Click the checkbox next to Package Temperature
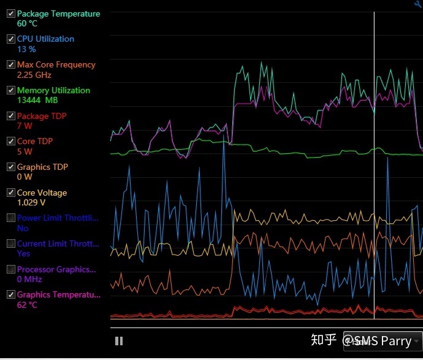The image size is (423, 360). click(x=10, y=13)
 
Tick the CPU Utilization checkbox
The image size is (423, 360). click(x=10, y=39)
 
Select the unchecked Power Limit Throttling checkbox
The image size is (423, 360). click(x=10, y=218)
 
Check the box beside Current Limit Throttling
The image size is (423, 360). click(x=10, y=243)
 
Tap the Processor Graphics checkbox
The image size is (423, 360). click(x=10, y=269)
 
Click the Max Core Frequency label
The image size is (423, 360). click(x=56, y=64)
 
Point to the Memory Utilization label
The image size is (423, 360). click(x=53, y=90)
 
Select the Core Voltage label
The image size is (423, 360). click(x=42, y=193)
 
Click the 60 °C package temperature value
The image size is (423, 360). click(x=27, y=24)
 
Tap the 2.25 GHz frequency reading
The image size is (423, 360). click(x=34, y=75)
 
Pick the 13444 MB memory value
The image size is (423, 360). click(x=37, y=101)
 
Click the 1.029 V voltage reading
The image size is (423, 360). click(x=31, y=202)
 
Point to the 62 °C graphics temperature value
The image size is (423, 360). click(x=27, y=305)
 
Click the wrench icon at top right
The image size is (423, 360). click(x=418, y=4)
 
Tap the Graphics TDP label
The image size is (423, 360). click(x=42, y=167)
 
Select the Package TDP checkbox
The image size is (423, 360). click(x=10, y=116)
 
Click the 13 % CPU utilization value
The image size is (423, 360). click(x=26, y=49)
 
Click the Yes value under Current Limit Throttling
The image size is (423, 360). click(x=23, y=253)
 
